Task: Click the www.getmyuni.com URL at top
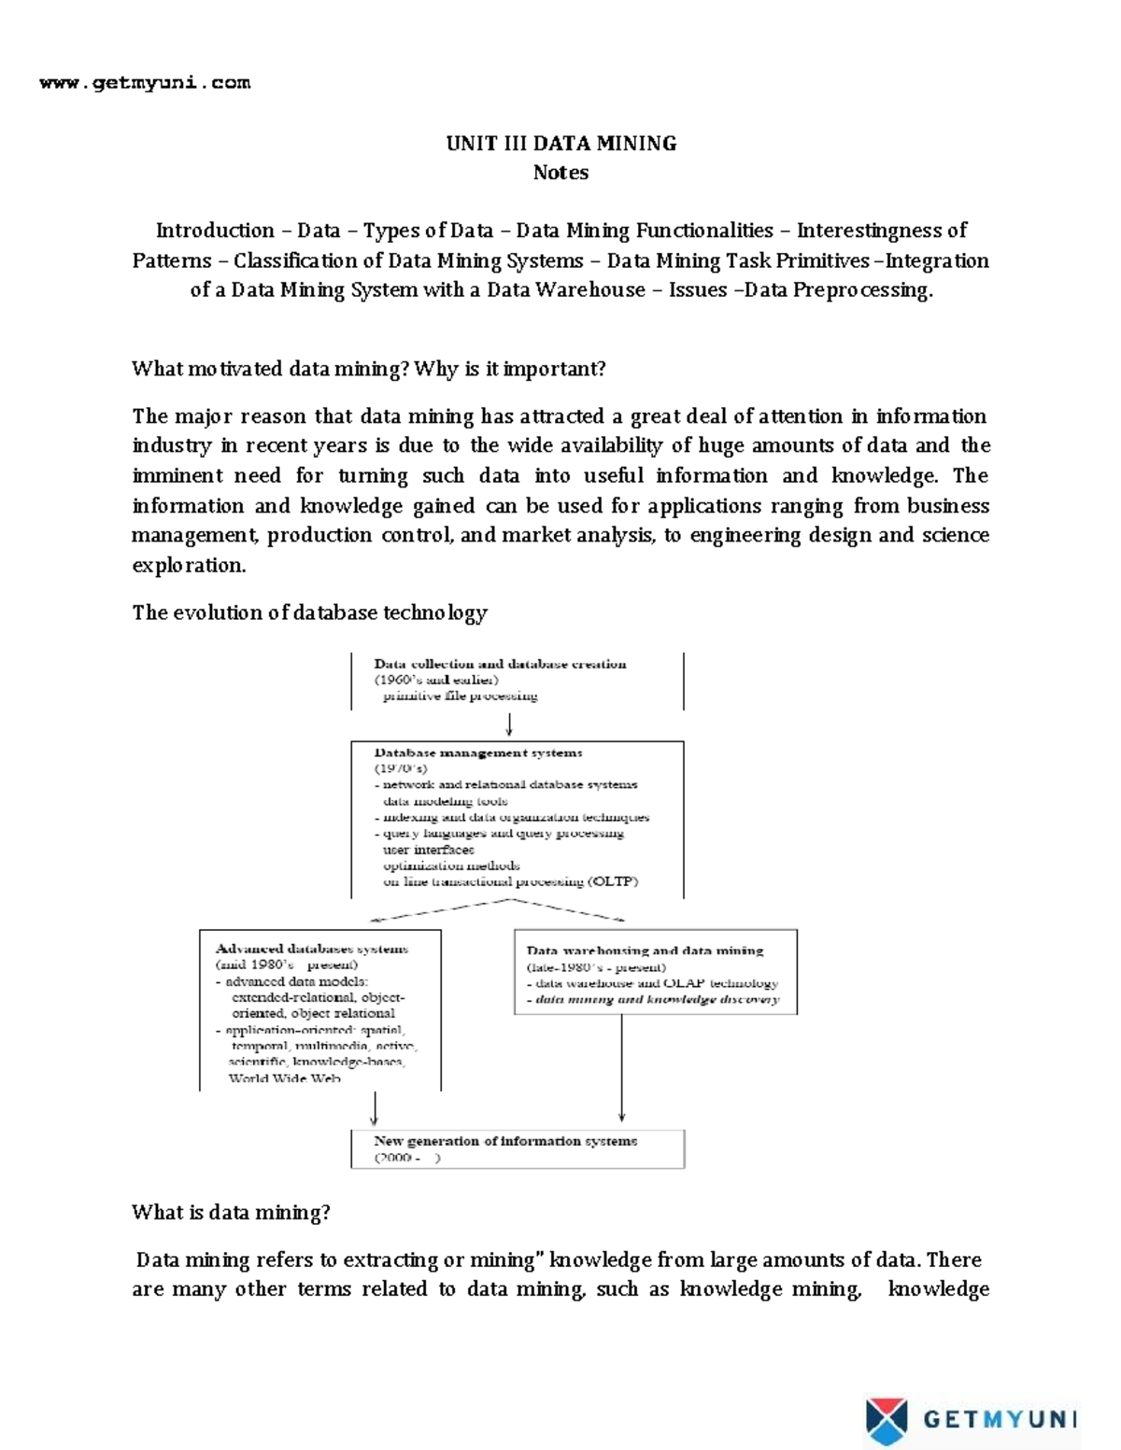point(145,83)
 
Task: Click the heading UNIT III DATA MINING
point(560,144)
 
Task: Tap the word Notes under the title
point(560,173)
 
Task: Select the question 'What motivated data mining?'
point(271,369)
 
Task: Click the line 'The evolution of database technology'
point(309,613)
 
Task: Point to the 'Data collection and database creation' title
point(500,664)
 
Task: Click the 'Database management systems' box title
point(478,753)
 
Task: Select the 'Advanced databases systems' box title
point(312,949)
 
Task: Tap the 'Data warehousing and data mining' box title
point(645,950)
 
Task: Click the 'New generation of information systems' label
point(505,1141)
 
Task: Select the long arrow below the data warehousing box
point(621,1069)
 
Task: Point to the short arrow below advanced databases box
point(375,1109)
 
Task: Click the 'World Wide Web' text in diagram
point(285,1078)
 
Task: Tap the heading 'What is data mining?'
point(231,1213)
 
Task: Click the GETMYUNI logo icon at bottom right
point(886,1420)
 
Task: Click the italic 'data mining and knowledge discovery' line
point(657,999)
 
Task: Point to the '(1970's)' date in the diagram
point(401,768)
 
